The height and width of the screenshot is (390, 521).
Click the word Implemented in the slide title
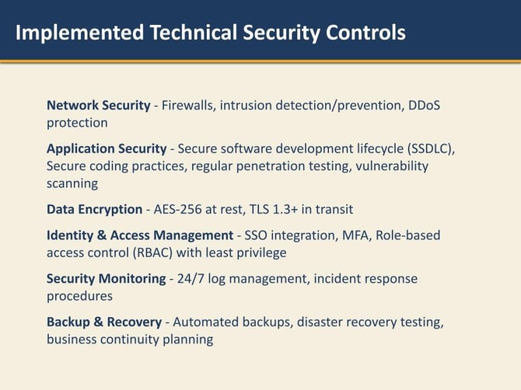coord(79,33)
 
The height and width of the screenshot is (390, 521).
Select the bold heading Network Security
coord(98,105)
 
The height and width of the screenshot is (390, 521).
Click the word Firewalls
coord(187,105)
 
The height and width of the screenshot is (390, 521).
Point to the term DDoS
coord(425,105)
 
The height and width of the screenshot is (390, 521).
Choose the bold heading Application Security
coord(107,148)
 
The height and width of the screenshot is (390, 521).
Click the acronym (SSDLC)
coord(431,148)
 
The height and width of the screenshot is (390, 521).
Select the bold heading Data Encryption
coord(94,209)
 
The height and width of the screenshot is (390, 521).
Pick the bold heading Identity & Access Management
coord(140,235)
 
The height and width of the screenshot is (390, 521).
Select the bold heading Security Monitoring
coord(106,279)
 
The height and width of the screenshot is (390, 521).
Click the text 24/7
coord(190,279)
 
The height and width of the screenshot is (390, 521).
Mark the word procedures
coord(79,296)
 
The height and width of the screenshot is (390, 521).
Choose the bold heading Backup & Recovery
coord(104,322)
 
